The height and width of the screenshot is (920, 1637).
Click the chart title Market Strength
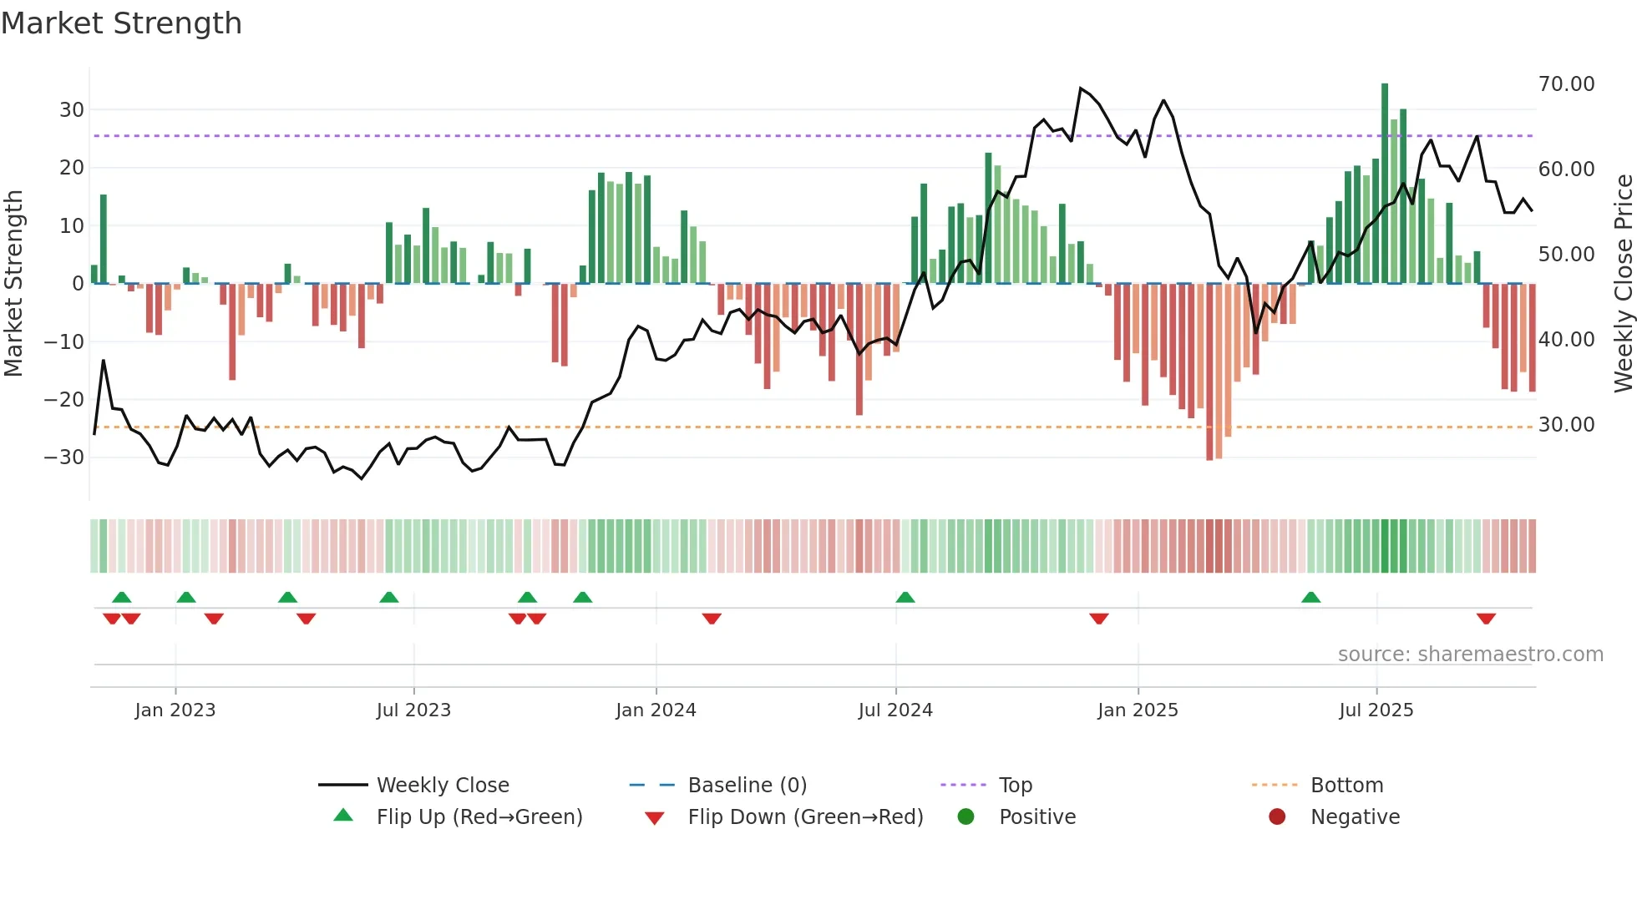pos(121,23)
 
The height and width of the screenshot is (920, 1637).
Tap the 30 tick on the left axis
pos(71,110)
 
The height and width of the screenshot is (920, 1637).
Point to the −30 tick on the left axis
pos(64,457)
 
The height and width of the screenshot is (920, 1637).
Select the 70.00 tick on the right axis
pos(1566,84)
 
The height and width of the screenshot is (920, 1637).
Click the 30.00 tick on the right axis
pos(1566,425)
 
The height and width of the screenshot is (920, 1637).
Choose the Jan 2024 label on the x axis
pos(656,710)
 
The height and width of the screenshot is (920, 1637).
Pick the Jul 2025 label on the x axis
pos(1376,710)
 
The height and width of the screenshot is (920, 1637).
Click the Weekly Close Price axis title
pos(1623,283)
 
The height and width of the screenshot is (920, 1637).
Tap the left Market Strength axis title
pos(13,283)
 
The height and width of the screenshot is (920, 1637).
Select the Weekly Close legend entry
pos(442,786)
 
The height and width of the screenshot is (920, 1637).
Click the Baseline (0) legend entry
pos(747,786)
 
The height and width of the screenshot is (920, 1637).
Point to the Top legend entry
pos(1015,786)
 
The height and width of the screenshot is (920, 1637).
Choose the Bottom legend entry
pos(1346,786)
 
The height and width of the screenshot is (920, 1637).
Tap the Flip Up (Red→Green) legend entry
pos(479,817)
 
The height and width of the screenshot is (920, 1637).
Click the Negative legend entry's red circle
pos(1277,817)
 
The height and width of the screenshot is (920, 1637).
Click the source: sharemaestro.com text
pos(1470,655)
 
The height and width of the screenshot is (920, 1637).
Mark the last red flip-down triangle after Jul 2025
pos(1486,619)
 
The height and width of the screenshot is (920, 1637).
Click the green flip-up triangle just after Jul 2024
pos(905,598)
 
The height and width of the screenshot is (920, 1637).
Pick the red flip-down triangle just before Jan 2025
pos(1099,619)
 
